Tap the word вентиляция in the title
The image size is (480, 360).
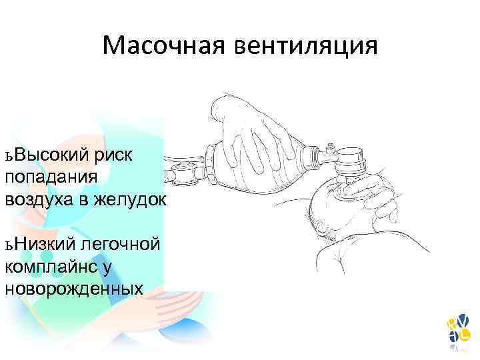tap(306, 46)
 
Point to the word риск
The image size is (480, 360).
tap(114, 155)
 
